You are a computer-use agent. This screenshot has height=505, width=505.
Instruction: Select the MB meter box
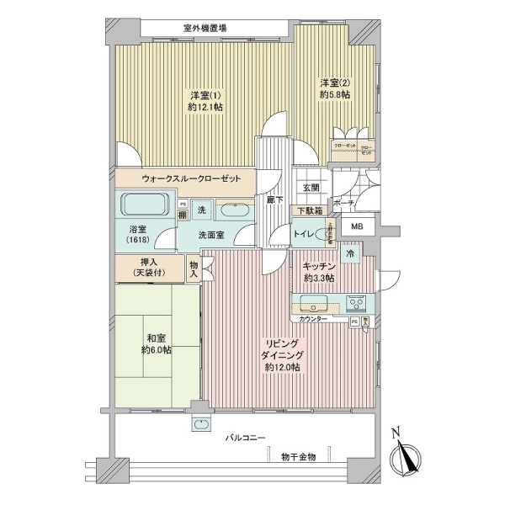coord(357,226)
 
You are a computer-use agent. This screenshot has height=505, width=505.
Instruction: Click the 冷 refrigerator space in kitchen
coord(350,252)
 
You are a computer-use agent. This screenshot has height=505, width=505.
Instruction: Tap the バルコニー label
coord(246,438)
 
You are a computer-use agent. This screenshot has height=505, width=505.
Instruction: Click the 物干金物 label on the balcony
coord(299,456)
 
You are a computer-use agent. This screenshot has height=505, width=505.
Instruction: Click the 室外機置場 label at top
coord(205,28)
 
